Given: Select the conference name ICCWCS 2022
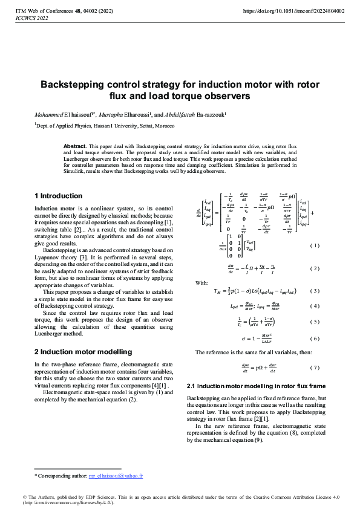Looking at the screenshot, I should [31, 18].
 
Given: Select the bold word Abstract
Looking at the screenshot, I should [75, 146].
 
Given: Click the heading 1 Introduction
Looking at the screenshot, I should [58, 196].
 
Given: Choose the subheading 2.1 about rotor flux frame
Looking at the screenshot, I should [257, 386].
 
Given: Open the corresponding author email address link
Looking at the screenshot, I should [116, 476].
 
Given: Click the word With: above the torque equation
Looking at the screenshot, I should [201, 282].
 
